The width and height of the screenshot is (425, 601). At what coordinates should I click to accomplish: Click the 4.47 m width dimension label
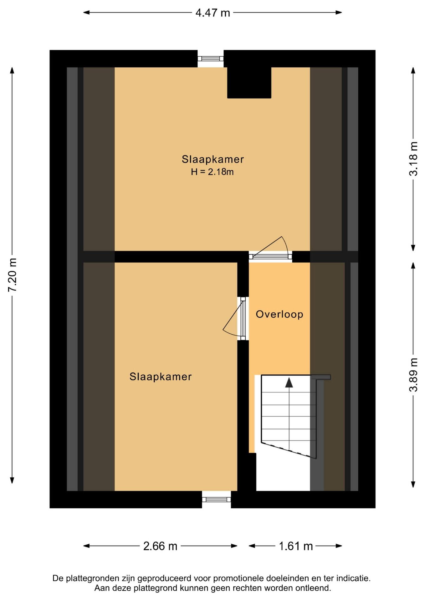tap(212, 13)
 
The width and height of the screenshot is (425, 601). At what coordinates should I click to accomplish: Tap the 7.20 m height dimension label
tap(13, 275)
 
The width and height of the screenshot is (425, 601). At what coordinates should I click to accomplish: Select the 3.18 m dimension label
tap(413, 159)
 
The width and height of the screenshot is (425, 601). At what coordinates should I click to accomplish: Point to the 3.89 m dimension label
tap(413, 375)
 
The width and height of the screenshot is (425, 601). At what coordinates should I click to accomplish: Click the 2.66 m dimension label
tap(160, 546)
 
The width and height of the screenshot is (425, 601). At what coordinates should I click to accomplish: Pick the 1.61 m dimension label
tap(296, 546)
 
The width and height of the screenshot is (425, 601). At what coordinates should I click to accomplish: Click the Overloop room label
tap(279, 314)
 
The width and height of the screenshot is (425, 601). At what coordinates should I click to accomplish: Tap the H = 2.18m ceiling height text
tap(212, 172)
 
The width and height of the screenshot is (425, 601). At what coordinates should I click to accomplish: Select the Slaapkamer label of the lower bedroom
tap(161, 377)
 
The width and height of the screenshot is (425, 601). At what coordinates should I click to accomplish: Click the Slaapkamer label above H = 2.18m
tap(213, 159)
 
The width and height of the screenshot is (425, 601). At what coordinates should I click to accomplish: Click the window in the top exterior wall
tap(211, 59)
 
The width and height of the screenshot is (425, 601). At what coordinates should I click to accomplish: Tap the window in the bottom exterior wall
tap(216, 499)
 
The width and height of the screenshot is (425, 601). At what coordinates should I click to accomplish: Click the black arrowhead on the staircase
tap(289, 383)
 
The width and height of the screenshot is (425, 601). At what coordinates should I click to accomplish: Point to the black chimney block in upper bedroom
tap(249, 83)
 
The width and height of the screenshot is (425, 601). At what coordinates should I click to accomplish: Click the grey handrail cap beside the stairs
tap(321, 377)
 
